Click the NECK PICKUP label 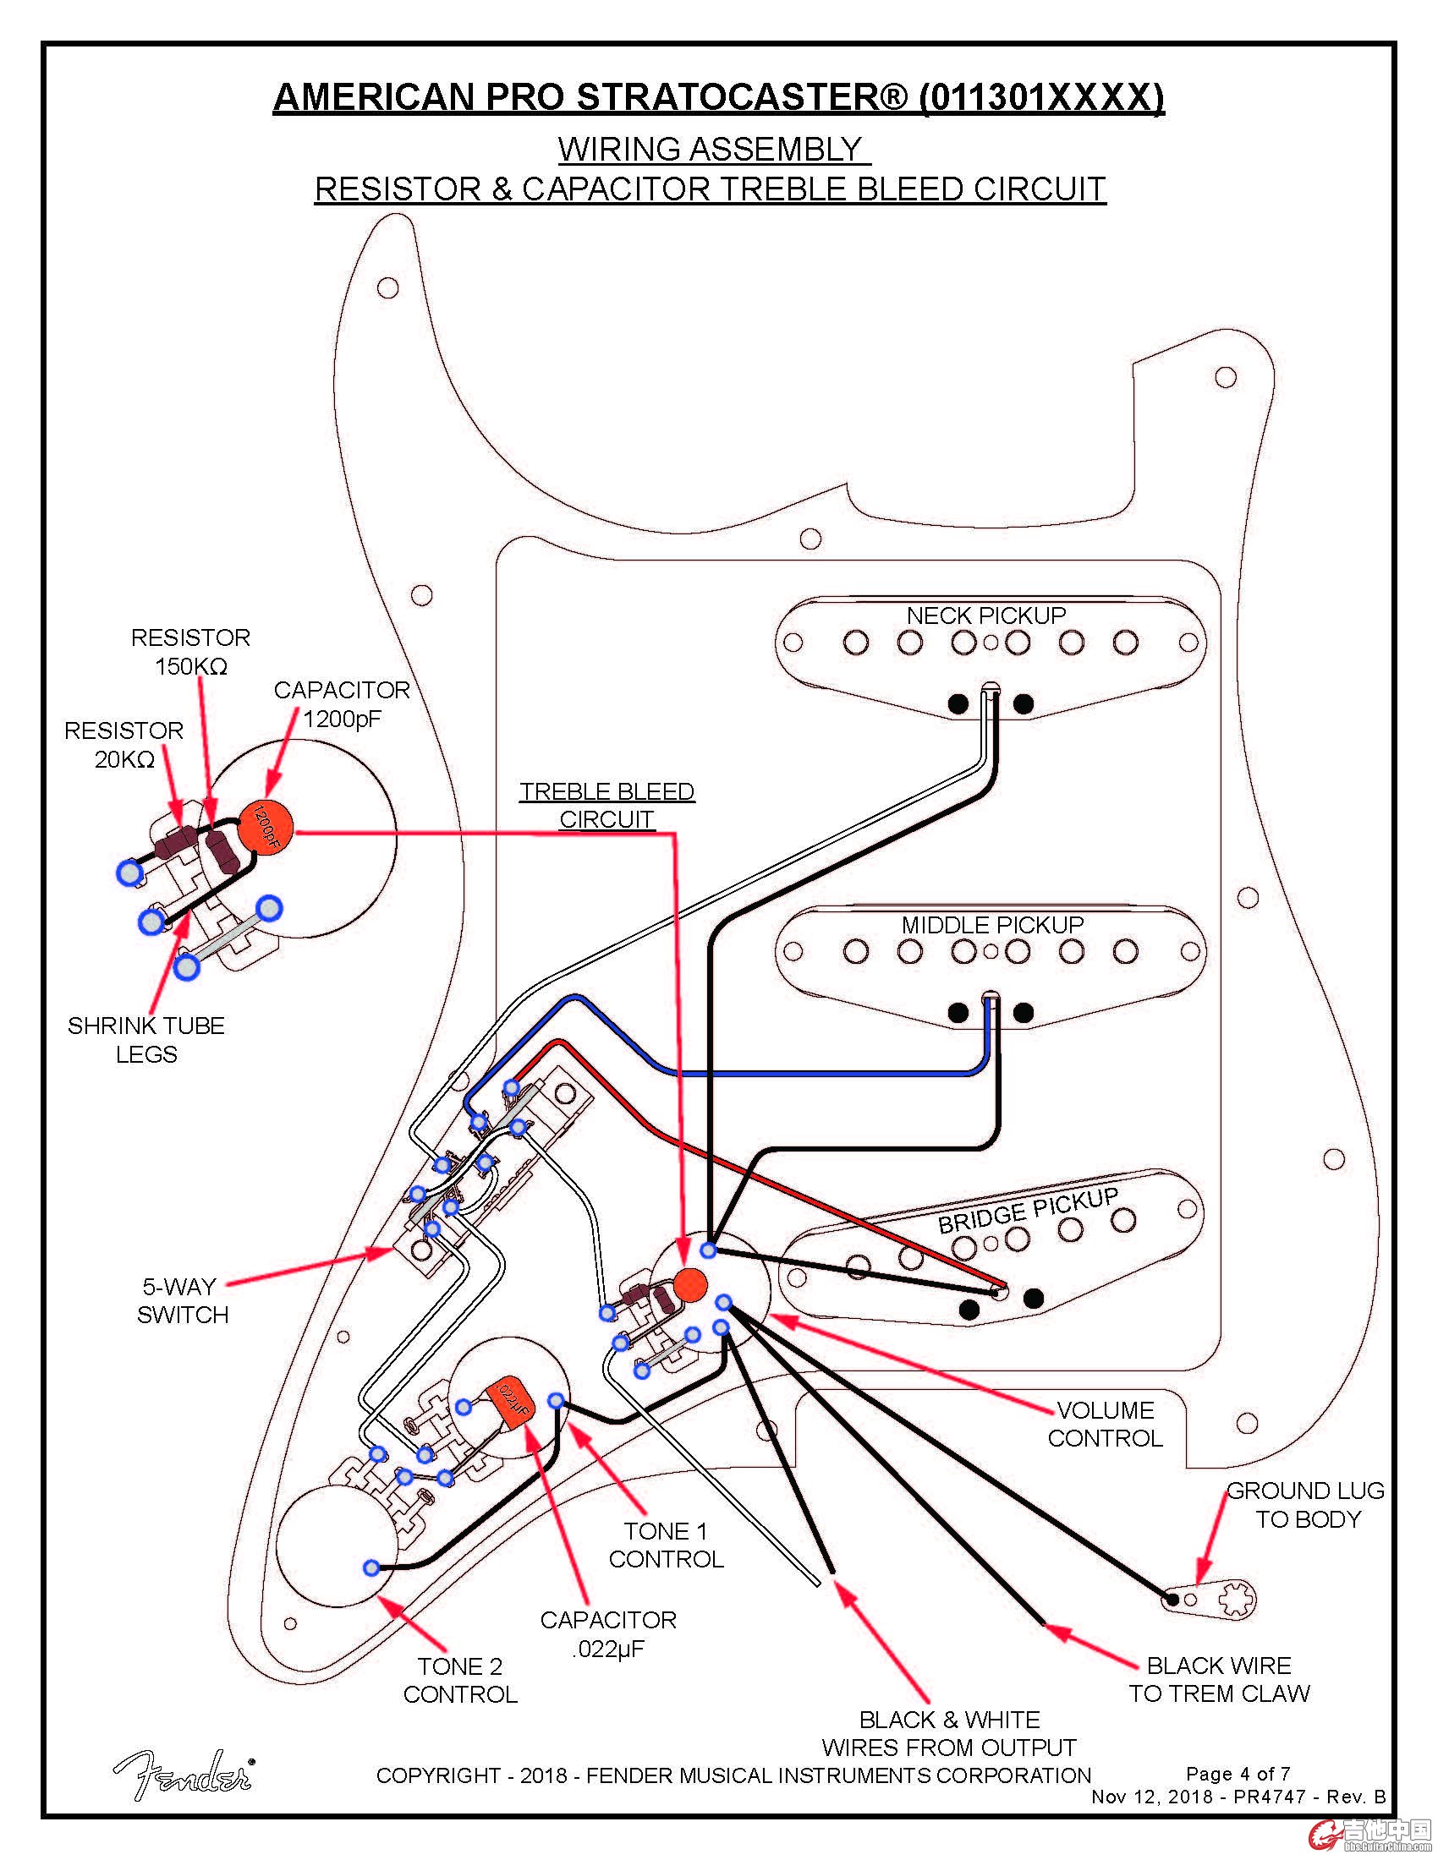[985, 615]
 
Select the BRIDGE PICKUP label [1028, 1211]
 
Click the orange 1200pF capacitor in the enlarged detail [266, 827]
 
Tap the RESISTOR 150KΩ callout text [191, 652]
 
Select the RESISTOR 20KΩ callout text [124, 744]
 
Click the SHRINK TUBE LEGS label [146, 1039]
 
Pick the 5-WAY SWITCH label [183, 1300]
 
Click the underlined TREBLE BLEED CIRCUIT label [606, 805]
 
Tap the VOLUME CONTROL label [1105, 1424]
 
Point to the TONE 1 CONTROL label [667, 1545]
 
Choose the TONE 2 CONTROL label [460, 1679]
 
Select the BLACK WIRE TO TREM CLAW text [1219, 1678]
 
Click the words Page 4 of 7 [1238, 1773]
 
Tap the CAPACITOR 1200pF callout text [342, 703]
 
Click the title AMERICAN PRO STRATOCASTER [717, 97]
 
